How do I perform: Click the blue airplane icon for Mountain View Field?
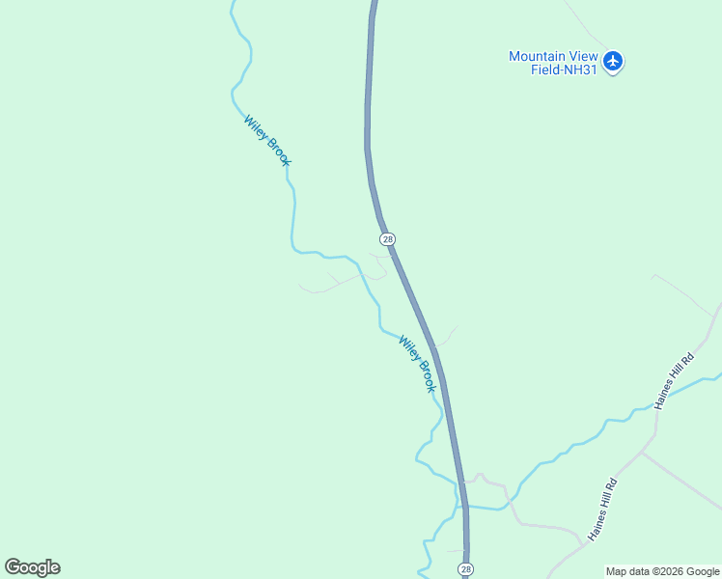pos(612,62)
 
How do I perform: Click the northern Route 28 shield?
pos(387,238)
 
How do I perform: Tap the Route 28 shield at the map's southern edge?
pos(465,569)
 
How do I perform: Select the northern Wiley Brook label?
pos(266,141)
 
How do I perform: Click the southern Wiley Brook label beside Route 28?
pos(418,363)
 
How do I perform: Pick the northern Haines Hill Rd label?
pos(675,380)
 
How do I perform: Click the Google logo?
pos(32,567)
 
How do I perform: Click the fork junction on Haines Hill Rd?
pos(641,451)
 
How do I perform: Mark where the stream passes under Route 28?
pos(465,506)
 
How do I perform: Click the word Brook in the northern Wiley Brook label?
pos(275,152)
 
